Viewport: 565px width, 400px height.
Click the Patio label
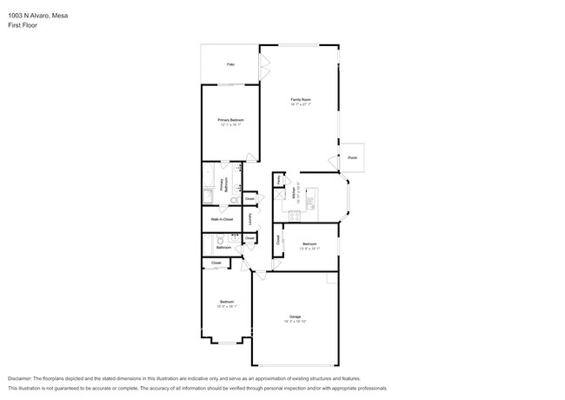pyautogui.click(x=230, y=64)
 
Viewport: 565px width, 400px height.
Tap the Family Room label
pyautogui.click(x=301, y=100)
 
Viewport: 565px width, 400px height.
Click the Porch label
pyautogui.click(x=352, y=157)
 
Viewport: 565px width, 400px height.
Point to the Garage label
pyautogui.click(x=296, y=316)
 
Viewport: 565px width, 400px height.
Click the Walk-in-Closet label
pyautogui.click(x=222, y=219)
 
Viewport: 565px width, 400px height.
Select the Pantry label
pyautogui.click(x=278, y=179)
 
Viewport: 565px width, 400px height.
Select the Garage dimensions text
pyautogui.click(x=296, y=321)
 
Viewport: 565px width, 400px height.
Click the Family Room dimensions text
pyautogui.click(x=301, y=105)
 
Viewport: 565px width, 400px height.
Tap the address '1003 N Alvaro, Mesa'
pyautogui.click(x=32, y=15)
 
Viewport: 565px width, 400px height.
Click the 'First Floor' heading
pyautogui.click(x=22, y=25)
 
